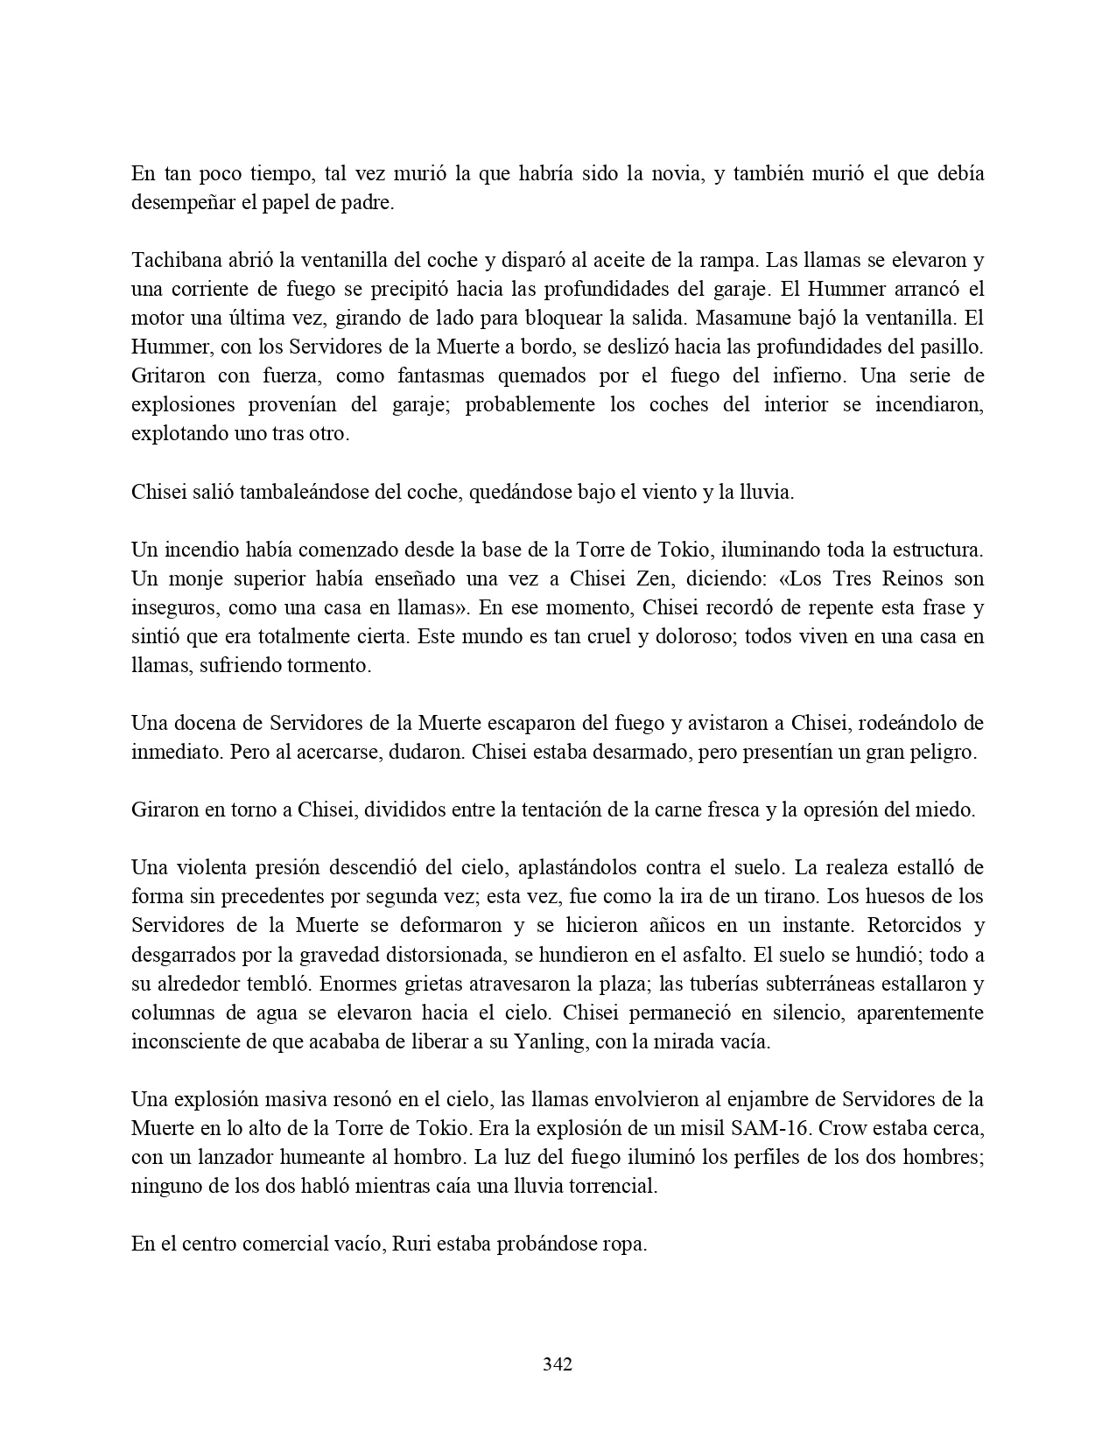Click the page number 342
coord(558,1363)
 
